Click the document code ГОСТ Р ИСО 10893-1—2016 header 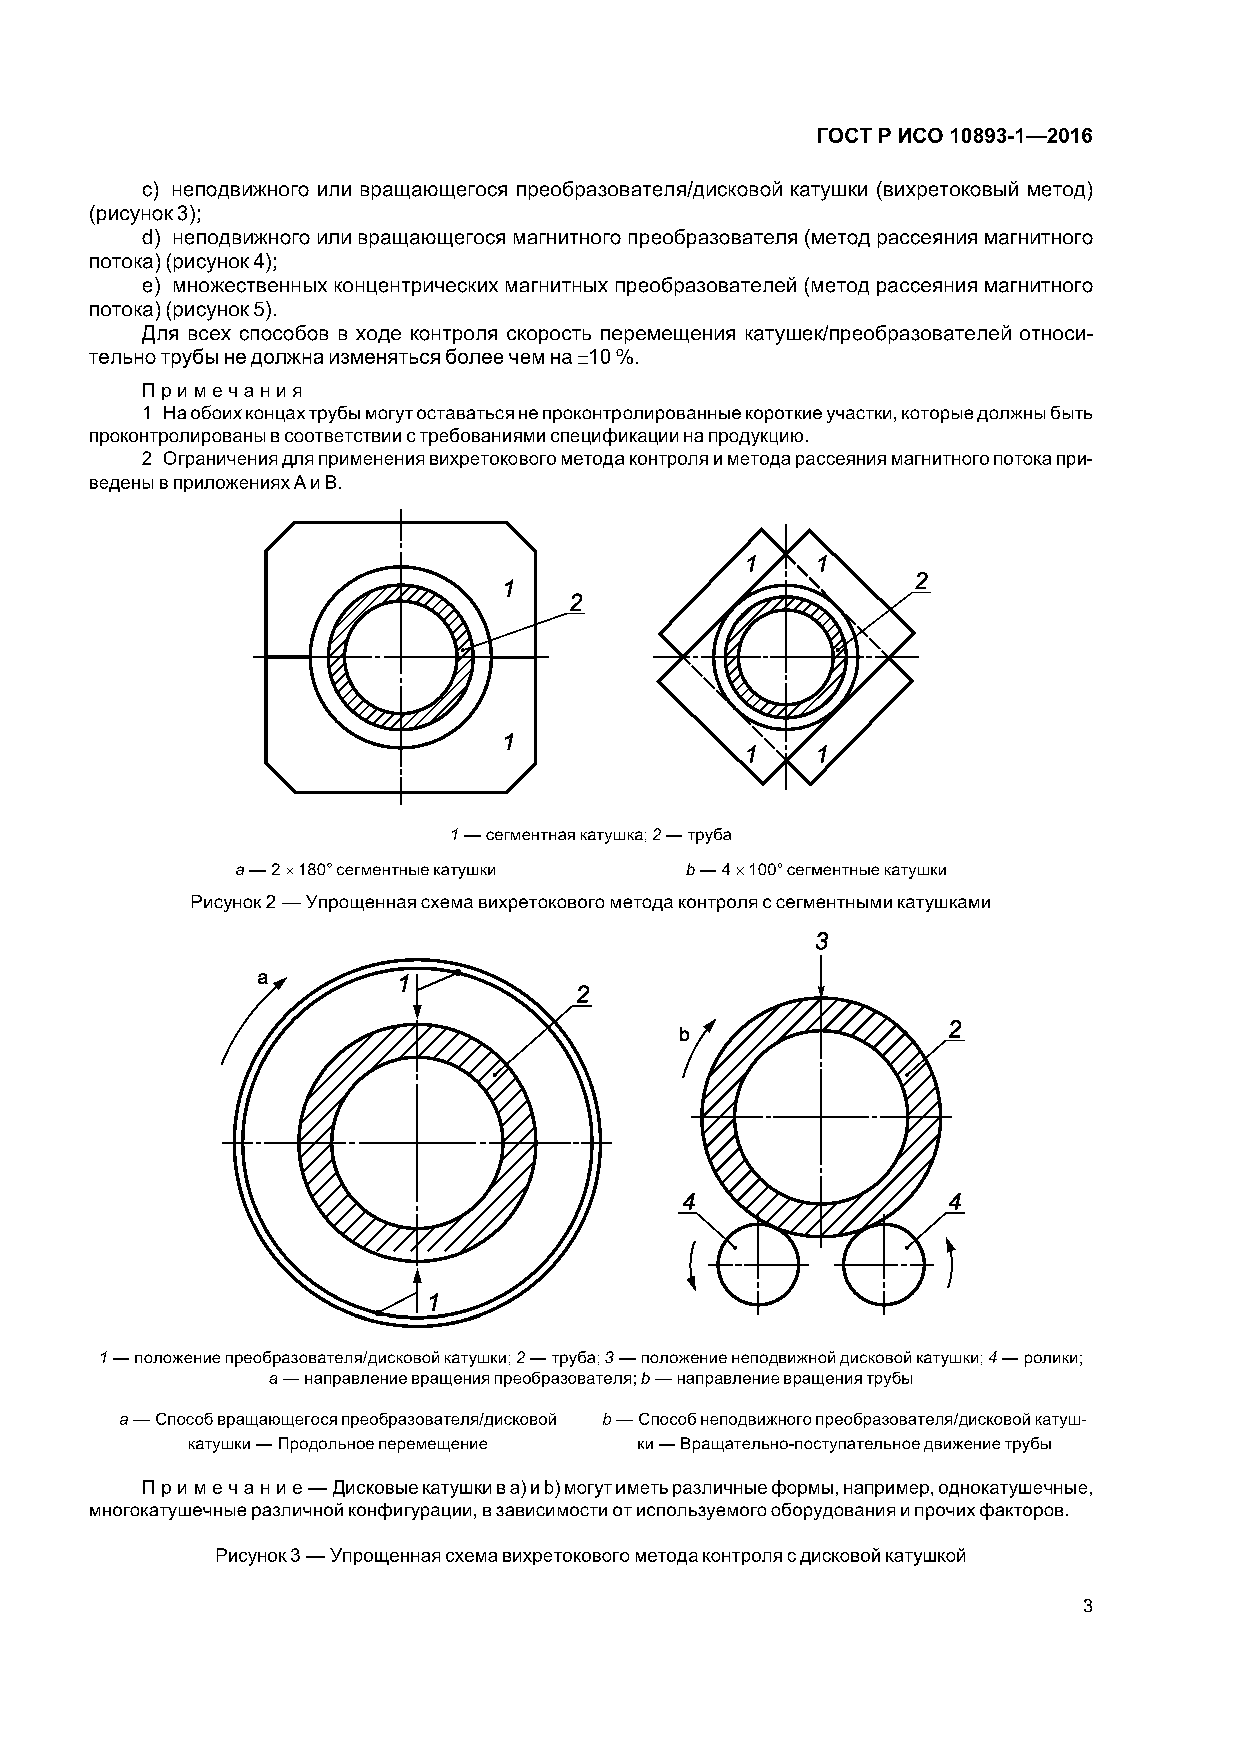click(x=954, y=136)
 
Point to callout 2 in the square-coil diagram click(x=576, y=603)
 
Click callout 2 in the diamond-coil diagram click(x=921, y=581)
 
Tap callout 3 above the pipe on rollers click(x=821, y=942)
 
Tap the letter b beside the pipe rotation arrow click(x=685, y=1035)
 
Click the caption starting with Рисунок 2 click(x=589, y=903)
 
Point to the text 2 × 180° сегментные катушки click(x=365, y=870)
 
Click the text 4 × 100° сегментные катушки click(x=816, y=870)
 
